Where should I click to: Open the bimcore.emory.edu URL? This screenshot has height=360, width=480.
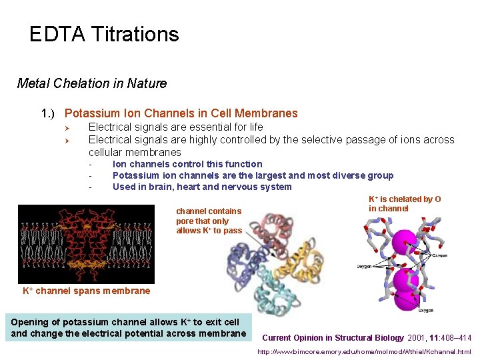364,351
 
